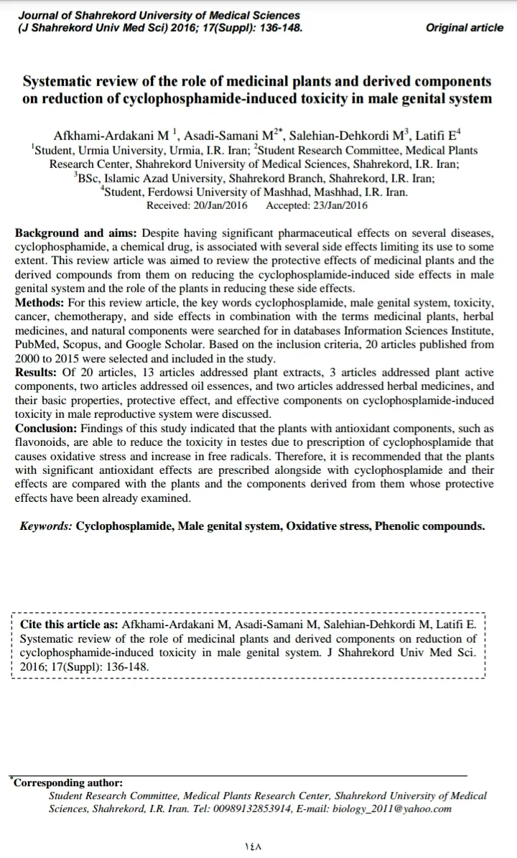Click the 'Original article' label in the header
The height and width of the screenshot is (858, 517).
click(465, 28)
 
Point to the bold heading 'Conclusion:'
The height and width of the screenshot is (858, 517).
click(50, 429)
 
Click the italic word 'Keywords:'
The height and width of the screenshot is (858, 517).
click(46, 526)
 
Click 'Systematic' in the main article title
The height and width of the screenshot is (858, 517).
click(62, 81)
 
